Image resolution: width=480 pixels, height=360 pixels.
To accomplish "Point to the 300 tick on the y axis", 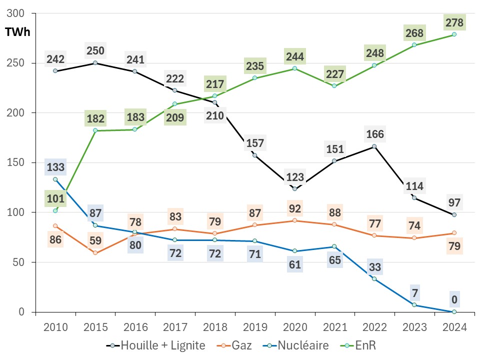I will coord(17,13).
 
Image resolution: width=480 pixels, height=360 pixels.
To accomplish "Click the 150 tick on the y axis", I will coord(17,162).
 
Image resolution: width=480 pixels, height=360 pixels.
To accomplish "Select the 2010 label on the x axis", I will coord(55,327).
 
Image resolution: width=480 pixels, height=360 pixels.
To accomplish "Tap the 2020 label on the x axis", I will coord(294,327).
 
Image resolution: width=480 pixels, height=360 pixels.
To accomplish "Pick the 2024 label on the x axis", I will coord(454,327).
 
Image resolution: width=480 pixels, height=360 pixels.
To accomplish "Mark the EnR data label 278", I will coord(454,22).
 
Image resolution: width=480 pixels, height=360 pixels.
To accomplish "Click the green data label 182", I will coord(95,118).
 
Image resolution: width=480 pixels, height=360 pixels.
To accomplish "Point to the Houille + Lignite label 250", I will coord(95,50).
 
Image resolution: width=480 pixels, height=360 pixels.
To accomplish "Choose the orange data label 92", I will coord(294,207).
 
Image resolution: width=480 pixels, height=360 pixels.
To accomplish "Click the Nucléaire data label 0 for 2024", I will coord(454,299).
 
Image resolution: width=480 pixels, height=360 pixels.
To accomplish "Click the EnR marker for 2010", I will coord(55,211).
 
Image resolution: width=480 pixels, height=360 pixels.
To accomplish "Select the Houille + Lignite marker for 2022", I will coord(374,146).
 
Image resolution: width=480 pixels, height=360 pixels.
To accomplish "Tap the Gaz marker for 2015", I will coord(95,253).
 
